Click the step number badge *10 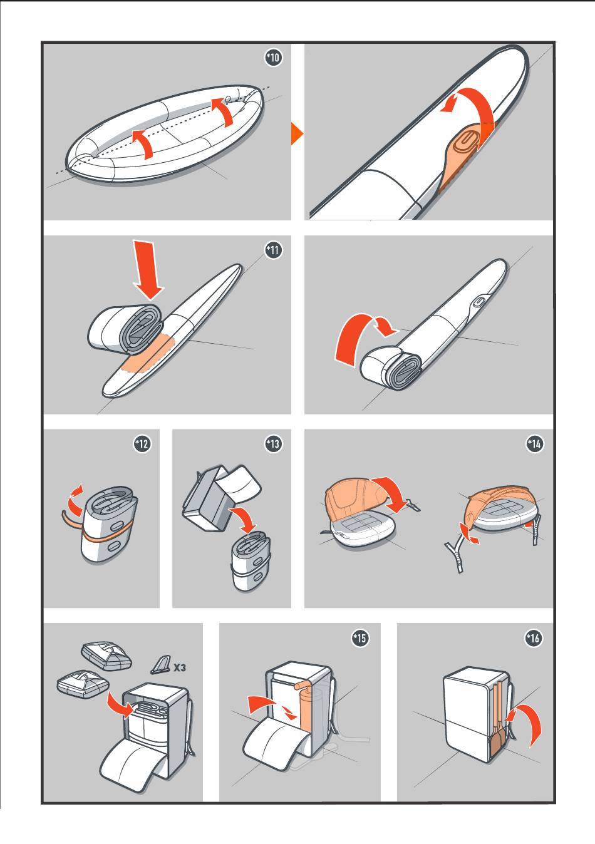click(274, 58)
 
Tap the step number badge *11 click(274, 250)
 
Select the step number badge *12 click(142, 443)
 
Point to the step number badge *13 click(273, 443)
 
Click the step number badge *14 click(535, 444)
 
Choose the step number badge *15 click(360, 638)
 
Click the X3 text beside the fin click(180, 668)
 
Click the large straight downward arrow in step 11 click(148, 270)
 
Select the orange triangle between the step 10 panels click(296, 134)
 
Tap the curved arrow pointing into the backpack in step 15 click(271, 706)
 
